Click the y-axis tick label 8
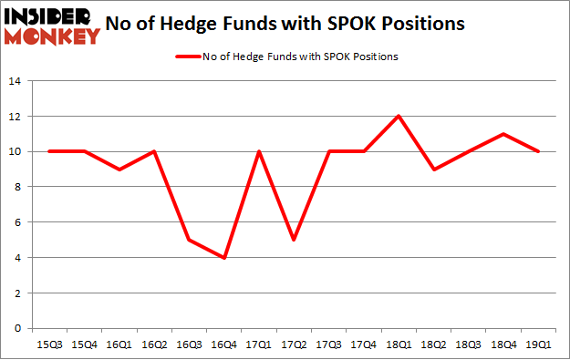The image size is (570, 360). coord(17,187)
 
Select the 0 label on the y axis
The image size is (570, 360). coord(17,328)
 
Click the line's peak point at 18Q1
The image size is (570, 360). coord(399,117)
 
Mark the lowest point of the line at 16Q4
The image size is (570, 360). coord(223,258)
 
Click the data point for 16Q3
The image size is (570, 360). coord(188,240)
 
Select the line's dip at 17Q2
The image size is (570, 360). coord(294,240)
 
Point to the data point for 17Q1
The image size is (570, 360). coord(258,151)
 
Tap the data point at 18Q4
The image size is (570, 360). coord(503,134)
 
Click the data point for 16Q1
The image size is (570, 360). coord(118,170)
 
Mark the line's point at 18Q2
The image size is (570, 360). coord(433,170)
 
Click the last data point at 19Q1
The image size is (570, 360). coord(539,151)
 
